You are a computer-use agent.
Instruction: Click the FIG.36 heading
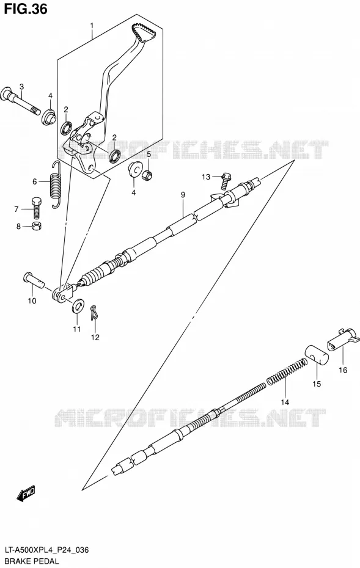click(x=26, y=9)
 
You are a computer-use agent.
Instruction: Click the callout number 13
click(x=206, y=177)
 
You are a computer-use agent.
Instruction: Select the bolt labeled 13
click(x=225, y=180)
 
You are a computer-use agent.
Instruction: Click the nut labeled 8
click(x=37, y=227)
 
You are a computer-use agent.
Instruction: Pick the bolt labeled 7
click(x=37, y=208)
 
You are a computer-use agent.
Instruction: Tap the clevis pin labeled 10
click(x=34, y=280)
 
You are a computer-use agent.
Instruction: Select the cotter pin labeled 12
click(x=94, y=312)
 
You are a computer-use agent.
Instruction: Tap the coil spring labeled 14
click(x=287, y=372)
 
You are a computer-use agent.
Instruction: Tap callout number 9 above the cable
click(x=183, y=195)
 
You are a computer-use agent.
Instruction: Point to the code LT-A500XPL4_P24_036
click(x=46, y=551)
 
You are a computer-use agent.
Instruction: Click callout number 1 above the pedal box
click(x=92, y=26)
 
